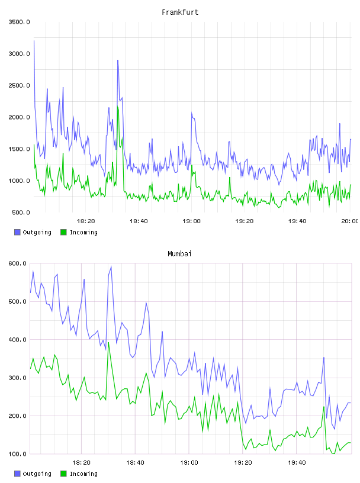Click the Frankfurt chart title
(180, 12)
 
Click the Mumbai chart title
(179, 254)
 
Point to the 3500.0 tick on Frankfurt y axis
(19, 22)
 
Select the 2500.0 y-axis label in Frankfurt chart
(19, 85)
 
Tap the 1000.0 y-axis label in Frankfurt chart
(19, 181)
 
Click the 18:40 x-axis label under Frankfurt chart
(139, 221)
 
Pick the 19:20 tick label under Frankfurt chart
(245, 221)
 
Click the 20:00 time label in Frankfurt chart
(349, 221)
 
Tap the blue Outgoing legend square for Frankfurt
(17, 232)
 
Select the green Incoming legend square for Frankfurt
(63, 232)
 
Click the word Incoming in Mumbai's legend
(83, 474)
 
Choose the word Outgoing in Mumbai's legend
(37, 474)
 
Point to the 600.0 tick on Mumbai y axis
(18, 263)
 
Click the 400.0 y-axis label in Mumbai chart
(18, 339)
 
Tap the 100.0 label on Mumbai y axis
(18, 454)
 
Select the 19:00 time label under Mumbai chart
(189, 462)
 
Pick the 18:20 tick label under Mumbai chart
(81, 462)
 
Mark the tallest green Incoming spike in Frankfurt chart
(118, 107)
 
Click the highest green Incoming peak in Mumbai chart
(108, 343)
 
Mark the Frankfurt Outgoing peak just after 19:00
(191, 113)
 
